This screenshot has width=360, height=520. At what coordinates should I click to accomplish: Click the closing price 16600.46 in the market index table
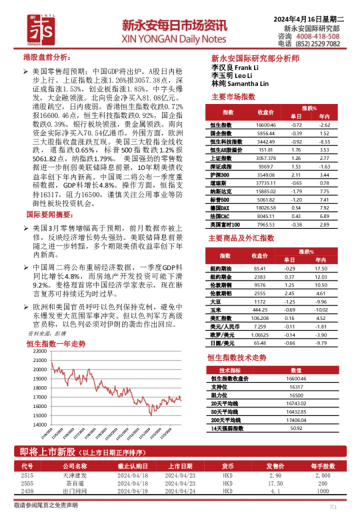[265, 125]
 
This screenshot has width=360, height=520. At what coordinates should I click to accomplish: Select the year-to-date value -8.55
[325, 141]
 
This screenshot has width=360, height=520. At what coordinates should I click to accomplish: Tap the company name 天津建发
[75, 475]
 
